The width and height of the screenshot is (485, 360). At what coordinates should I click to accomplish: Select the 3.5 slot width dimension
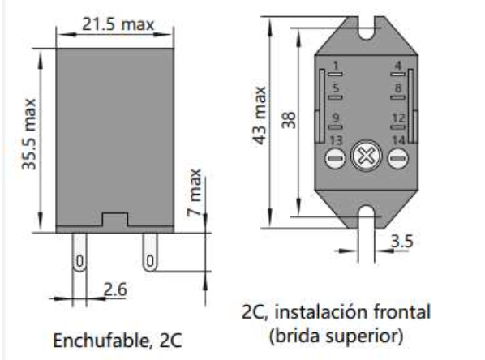pos(401,241)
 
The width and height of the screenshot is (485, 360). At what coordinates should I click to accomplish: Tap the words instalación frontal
pos(381,311)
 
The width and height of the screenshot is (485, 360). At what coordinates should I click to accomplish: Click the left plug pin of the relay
pos(79,254)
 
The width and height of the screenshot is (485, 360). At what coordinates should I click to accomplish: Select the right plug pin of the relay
pos(149,254)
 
